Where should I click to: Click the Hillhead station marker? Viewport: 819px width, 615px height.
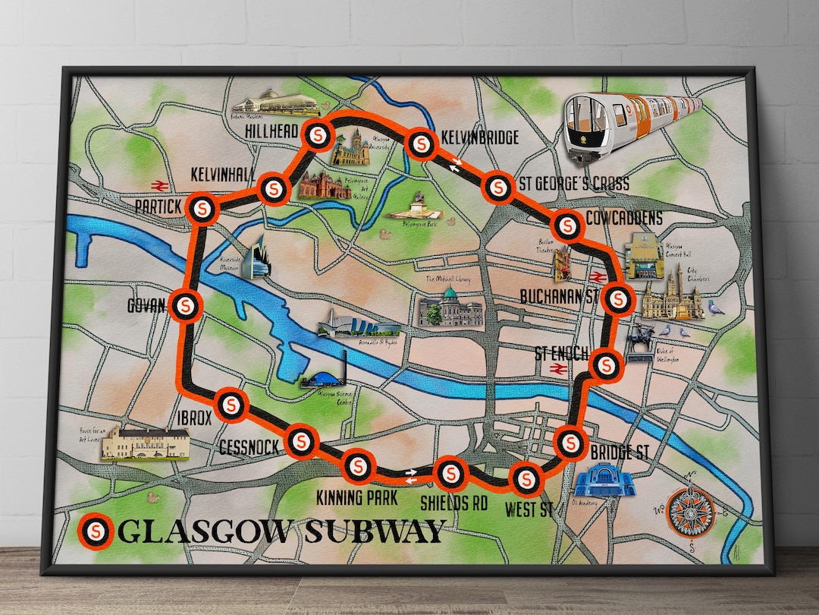click(x=317, y=135)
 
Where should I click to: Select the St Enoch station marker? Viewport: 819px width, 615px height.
click(x=605, y=365)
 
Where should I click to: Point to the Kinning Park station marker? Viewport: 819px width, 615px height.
click(x=359, y=465)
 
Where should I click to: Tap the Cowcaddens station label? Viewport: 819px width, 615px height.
click(x=628, y=219)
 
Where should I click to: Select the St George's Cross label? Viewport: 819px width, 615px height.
click(x=574, y=183)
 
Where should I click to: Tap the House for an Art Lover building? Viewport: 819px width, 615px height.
click(x=144, y=443)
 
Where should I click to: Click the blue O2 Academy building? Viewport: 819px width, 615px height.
click(x=602, y=481)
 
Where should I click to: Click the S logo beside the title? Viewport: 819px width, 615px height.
click(x=96, y=531)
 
